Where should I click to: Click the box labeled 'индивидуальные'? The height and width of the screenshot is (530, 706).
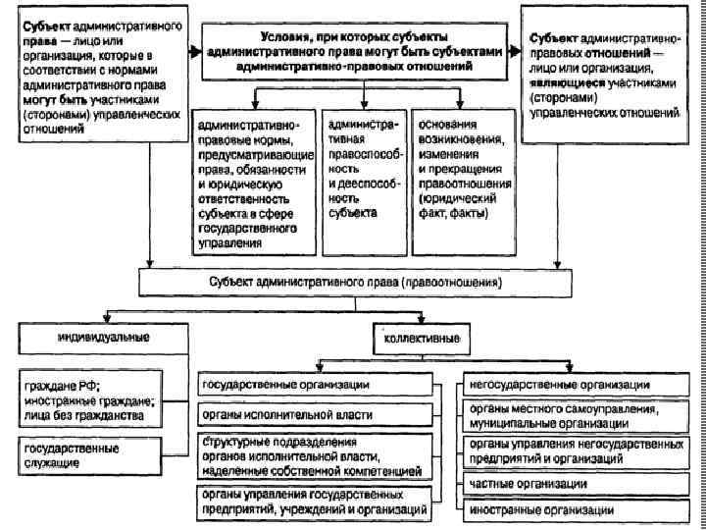pyautogui.click(x=87, y=338)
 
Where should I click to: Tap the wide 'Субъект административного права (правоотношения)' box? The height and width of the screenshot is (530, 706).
pyautogui.click(x=354, y=283)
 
